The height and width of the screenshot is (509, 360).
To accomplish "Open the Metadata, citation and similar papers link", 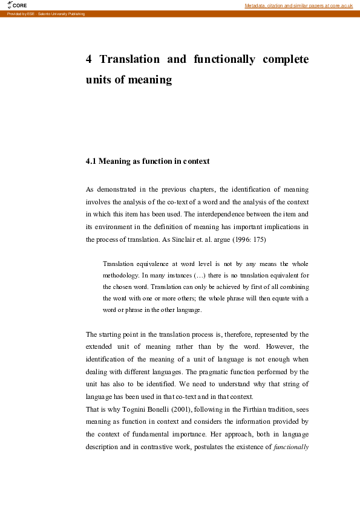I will (298, 5).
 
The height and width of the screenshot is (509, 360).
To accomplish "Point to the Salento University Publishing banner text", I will (46, 13).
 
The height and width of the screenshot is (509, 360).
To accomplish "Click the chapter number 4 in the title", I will (89, 59).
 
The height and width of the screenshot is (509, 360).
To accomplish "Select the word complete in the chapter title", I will (286, 59).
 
